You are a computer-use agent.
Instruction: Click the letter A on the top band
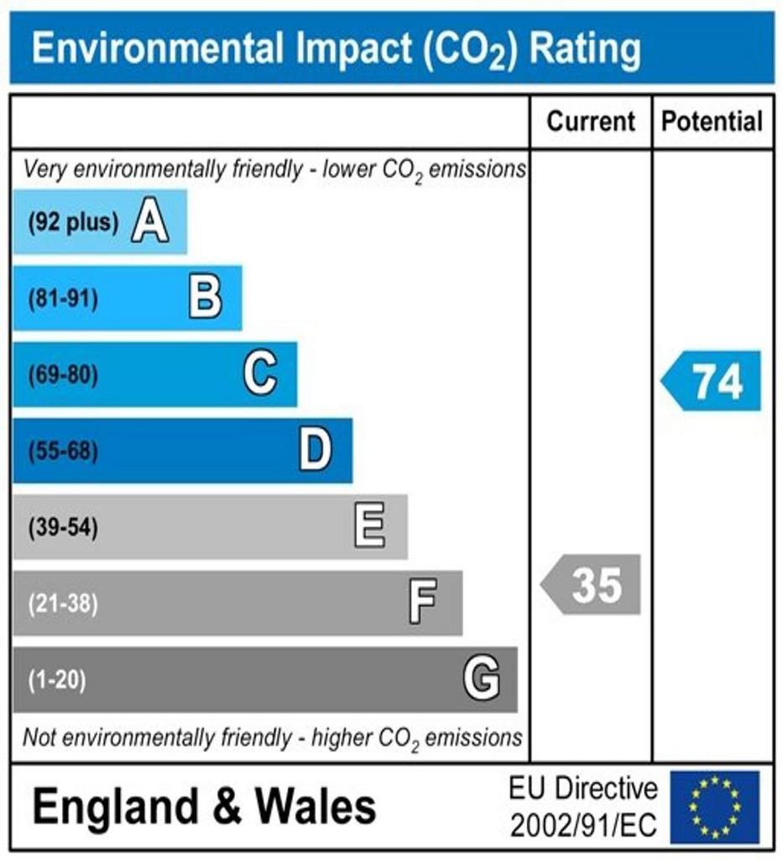click(150, 223)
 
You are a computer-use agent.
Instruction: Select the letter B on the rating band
click(206, 298)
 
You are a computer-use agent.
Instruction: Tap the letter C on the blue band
click(260, 374)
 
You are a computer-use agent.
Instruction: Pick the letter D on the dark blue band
click(316, 451)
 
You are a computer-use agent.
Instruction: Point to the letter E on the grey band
click(370, 527)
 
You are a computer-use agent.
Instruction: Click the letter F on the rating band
click(424, 603)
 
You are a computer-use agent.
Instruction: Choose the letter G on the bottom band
click(482, 679)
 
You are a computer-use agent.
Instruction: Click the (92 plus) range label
click(73, 223)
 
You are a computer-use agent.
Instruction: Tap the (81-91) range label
click(63, 299)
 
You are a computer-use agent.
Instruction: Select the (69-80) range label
click(63, 375)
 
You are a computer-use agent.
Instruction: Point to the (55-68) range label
click(63, 452)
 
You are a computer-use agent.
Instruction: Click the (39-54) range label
click(63, 528)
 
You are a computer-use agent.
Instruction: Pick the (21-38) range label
click(63, 604)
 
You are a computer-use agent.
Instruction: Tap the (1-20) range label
click(57, 679)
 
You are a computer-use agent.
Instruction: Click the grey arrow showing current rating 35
click(592, 585)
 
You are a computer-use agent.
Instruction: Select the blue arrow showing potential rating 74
click(713, 381)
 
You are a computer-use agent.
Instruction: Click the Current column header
click(591, 122)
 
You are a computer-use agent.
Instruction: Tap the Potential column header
click(713, 122)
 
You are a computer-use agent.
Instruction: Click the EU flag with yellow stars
click(714, 807)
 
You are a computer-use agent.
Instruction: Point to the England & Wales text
click(204, 807)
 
